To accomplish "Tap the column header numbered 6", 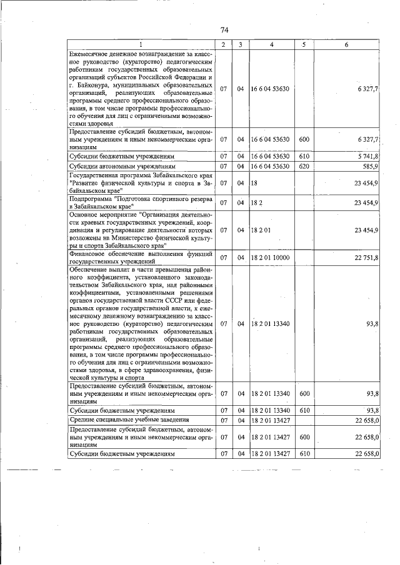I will (346, 44).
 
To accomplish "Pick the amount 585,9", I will (369, 167).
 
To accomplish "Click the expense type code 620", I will (304, 167).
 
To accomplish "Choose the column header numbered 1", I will (141, 44).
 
